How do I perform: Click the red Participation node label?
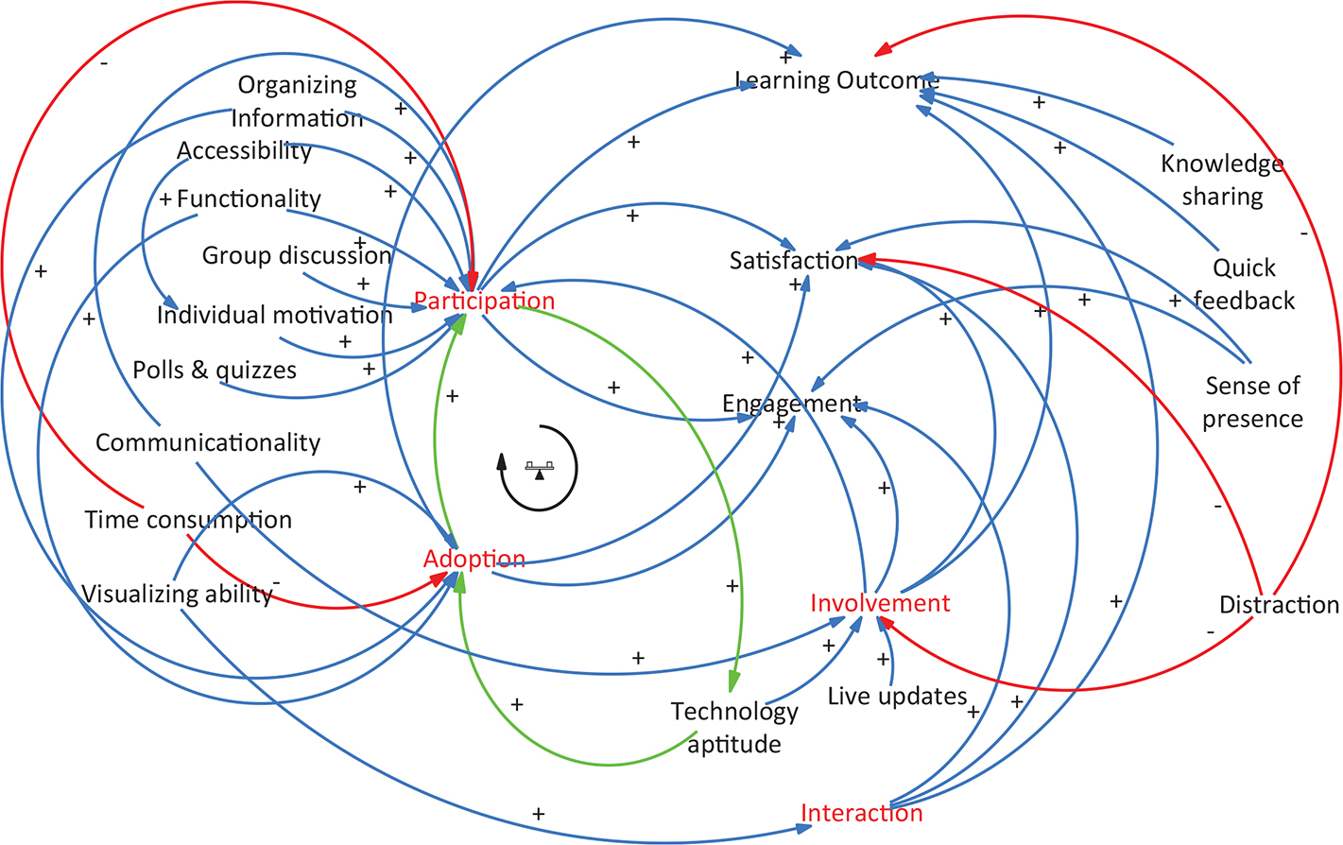click(x=484, y=302)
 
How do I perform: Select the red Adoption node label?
click(x=473, y=559)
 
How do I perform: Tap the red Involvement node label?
click(x=880, y=603)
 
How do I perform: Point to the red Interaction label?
click(x=861, y=813)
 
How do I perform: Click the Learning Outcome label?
click(x=837, y=80)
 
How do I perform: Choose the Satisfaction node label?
click(x=793, y=260)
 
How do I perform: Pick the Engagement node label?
click(x=791, y=404)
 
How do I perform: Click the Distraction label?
click(x=1279, y=605)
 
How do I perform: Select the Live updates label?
click(x=897, y=697)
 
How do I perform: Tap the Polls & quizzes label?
click(x=215, y=371)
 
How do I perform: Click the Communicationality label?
click(x=208, y=442)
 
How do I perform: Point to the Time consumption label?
click(x=188, y=520)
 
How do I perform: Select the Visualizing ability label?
click(x=177, y=594)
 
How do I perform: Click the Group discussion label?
click(x=296, y=255)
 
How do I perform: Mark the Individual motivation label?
click(x=274, y=315)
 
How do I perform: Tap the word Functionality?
click(x=249, y=198)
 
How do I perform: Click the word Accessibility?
click(x=244, y=151)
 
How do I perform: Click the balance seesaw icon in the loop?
click(x=540, y=467)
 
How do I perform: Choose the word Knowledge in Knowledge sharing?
click(x=1222, y=164)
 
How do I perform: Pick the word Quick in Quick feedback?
click(x=1244, y=268)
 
